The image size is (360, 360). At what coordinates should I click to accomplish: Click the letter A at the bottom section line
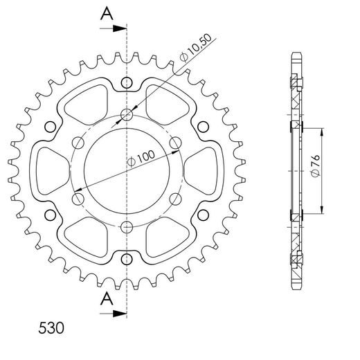click(x=106, y=299)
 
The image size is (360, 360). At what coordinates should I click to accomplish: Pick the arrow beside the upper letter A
click(x=114, y=29)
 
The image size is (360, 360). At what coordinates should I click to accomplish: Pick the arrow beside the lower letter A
click(x=114, y=316)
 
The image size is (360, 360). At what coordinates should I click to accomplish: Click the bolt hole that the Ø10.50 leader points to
click(x=126, y=115)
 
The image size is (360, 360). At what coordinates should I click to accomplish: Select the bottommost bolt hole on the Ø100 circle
click(x=126, y=228)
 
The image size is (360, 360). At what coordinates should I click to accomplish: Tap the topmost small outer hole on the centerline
click(x=126, y=84)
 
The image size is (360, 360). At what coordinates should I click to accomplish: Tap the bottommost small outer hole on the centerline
click(x=126, y=259)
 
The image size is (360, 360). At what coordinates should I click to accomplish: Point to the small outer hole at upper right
click(x=202, y=127)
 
